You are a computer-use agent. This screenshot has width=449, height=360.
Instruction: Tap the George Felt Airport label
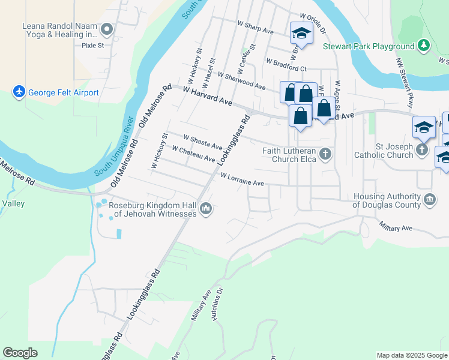point(63,93)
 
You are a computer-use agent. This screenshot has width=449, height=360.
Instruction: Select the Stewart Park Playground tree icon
point(424,46)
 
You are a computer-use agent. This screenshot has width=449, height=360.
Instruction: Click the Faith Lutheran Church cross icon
point(325,154)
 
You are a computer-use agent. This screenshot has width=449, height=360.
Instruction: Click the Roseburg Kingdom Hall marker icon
point(206,208)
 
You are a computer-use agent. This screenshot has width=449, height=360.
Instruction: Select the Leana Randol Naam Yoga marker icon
point(107,29)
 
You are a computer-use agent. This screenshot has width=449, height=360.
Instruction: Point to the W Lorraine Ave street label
point(242,179)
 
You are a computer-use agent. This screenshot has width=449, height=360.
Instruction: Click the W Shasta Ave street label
point(203,142)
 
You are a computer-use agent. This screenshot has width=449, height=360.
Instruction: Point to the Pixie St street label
point(93,44)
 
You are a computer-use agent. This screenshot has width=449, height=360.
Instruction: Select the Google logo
point(20,353)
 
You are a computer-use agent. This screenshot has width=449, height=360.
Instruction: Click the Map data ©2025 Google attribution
point(411,355)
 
